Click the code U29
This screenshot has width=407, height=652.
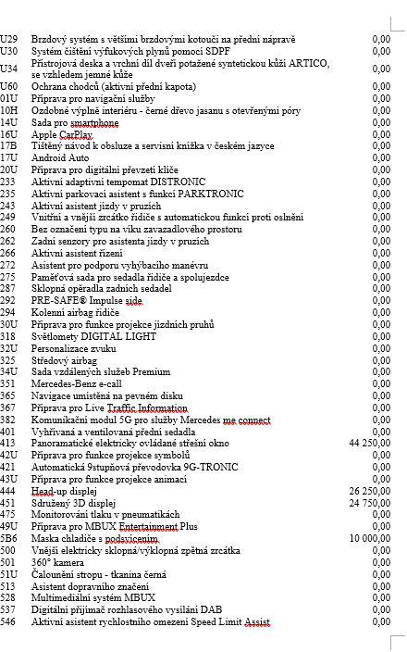pos(9,40)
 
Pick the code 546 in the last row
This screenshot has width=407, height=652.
pos(9,624)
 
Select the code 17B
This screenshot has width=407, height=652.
pos(9,145)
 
